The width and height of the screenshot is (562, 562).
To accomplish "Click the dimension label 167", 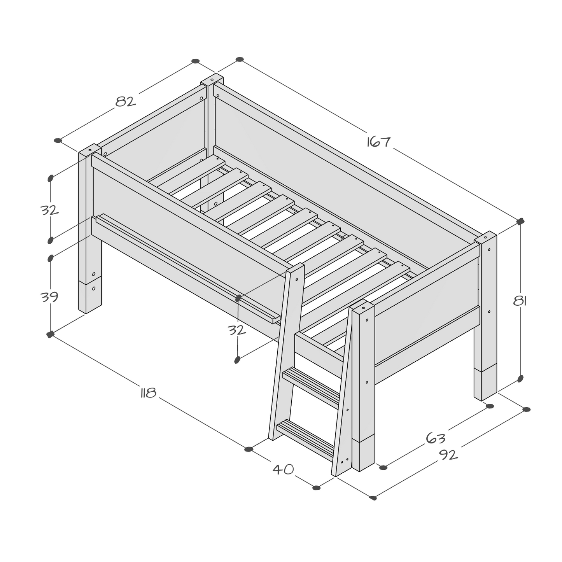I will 378,142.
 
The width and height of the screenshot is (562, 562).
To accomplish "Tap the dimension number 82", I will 126,102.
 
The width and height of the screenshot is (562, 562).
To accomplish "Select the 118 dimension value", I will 148,393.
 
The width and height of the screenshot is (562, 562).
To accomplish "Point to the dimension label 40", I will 283,469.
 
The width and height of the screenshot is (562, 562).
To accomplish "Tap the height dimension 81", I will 520,301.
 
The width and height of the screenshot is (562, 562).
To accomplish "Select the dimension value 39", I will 49,297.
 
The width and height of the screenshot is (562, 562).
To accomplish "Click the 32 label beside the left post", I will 49,210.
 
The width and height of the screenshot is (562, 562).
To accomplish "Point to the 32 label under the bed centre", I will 237,330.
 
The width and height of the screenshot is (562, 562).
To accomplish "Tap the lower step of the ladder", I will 305,436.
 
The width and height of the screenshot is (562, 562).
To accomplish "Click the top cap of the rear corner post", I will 212,79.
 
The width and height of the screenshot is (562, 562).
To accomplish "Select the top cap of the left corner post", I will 90,150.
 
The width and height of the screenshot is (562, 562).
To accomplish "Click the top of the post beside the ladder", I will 362,306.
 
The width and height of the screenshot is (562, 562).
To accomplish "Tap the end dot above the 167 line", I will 240,60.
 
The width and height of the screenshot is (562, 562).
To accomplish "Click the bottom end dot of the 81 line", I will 520,378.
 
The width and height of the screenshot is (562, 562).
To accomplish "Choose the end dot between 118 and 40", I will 249,449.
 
